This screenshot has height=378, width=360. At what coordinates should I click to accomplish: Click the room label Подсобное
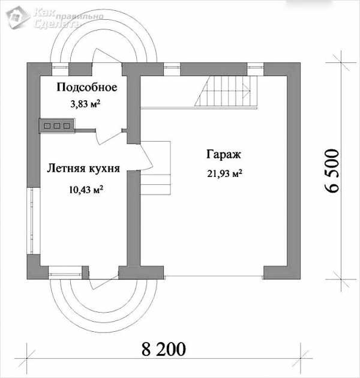click(87, 87)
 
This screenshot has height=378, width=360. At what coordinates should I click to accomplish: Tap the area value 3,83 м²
click(85, 104)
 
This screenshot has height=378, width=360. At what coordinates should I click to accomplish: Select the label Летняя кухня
click(83, 168)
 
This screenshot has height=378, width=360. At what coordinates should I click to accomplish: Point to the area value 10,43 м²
click(86, 190)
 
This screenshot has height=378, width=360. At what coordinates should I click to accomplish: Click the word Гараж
click(224, 155)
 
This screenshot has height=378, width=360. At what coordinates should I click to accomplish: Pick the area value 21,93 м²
click(225, 173)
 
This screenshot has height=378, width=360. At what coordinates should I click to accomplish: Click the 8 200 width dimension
click(164, 349)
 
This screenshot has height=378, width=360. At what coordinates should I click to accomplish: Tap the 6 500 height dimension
click(331, 170)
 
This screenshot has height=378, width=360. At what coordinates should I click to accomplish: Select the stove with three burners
click(56, 125)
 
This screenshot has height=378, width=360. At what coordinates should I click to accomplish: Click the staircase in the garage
click(226, 91)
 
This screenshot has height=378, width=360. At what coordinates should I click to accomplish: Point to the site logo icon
click(17, 17)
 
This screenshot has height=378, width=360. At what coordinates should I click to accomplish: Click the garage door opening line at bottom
click(214, 276)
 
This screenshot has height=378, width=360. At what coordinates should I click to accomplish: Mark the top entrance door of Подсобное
click(106, 56)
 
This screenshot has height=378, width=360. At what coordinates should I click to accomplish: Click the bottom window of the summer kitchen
click(65, 273)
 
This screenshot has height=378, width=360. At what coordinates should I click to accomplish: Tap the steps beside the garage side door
click(156, 168)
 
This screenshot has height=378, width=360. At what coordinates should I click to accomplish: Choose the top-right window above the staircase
click(256, 69)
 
